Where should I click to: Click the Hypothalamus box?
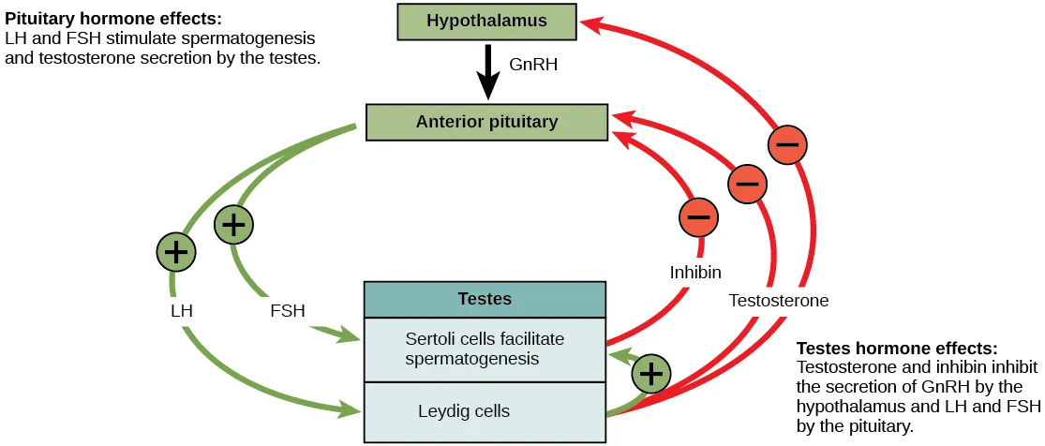486,21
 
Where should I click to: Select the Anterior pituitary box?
486,122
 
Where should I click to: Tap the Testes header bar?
485,299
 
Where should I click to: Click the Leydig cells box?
485,411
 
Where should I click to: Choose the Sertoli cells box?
485,349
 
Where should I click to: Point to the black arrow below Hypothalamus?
488,73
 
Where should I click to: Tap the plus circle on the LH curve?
176,251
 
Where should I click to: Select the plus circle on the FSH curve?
234,225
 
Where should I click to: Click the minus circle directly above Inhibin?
698,217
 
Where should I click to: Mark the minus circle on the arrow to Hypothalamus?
787,145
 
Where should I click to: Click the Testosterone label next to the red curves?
779,301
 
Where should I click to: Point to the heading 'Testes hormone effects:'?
897,347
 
